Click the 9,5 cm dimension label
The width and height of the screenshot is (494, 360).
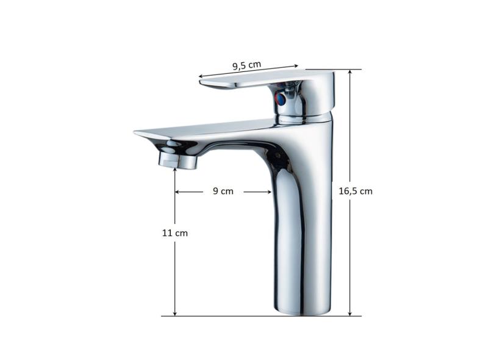coord(246,65)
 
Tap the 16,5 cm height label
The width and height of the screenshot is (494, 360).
coord(356,191)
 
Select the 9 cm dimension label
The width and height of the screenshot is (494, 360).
coord(223,191)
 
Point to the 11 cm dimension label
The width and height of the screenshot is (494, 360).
coord(175,233)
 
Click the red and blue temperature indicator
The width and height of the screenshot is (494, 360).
coord(281,99)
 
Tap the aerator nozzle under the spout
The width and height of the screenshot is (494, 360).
coord(177,160)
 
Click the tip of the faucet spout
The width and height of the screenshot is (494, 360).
coord(135,132)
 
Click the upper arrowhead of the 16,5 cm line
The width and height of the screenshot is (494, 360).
coord(349,71)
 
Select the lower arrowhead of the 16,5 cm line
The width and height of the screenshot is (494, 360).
coord(349,314)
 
